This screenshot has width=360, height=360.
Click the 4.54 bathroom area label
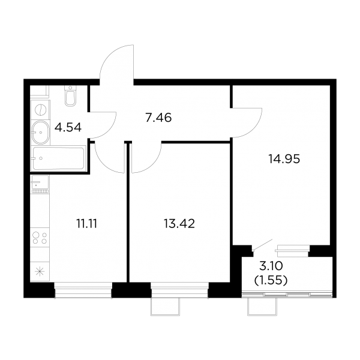pos(68,127)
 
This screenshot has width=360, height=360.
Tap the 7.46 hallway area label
pos(158,118)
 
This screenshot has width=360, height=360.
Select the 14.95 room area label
pos(284,158)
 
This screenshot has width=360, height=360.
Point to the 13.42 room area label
pos(179,224)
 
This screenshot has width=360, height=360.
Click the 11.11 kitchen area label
pos(87,224)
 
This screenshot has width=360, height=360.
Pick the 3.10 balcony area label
pos(271,266)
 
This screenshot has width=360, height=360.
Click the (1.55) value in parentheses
pos(271,280)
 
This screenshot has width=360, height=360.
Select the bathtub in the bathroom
pos(59,158)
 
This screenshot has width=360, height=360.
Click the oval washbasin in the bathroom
pos(40,133)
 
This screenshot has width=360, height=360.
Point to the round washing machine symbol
pos(40,110)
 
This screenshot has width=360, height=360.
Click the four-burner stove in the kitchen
pos(40,238)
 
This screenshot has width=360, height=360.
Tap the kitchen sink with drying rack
pos(40,184)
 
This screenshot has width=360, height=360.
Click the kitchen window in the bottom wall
pos(83,290)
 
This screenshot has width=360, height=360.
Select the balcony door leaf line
pos(262,245)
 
